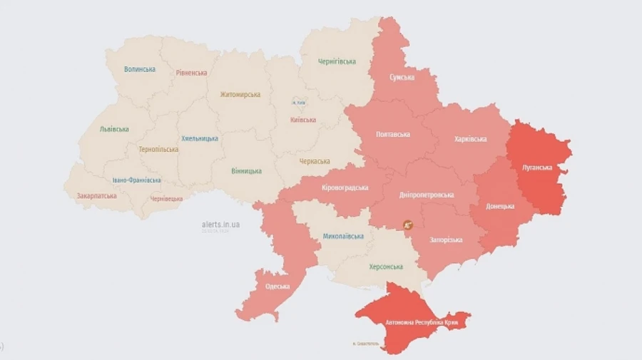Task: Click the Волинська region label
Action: pos(139,69)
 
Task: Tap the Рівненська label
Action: pos(191,73)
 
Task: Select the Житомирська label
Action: pos(240,94)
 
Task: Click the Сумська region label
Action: pos(402,77)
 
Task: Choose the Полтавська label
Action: pos(393,134)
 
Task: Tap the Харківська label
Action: pos(470,139)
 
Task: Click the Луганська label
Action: pos(537,168)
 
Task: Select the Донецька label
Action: pos(500,206)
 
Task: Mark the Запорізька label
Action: pos(446,240)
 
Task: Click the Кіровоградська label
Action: pos(345,187)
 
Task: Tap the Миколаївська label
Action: pos(343,236)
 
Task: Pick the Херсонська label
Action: pos(385,267)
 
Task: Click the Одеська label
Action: pos(277,287)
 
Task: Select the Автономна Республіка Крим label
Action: pos(421,322)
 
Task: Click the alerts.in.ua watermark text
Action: pos(220,224)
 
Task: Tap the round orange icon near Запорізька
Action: pos(408,225)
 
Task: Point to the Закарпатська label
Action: pos(96,195)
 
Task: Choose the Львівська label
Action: pos(114,129)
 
